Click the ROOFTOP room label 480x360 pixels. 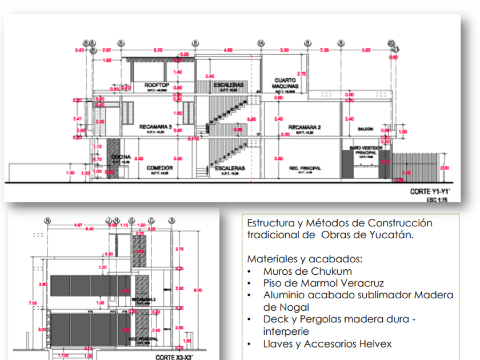(154, 84)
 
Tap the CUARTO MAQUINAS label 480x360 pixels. (284, 83)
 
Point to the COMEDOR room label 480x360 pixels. (155, 168)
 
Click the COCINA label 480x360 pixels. (121, 157)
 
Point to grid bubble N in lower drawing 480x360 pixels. (47, 220)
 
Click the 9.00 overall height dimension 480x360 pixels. (198, 290)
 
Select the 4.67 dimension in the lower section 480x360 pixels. (78, 225)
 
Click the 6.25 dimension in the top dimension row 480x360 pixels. (158, 50)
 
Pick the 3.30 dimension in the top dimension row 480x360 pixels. (283, 50)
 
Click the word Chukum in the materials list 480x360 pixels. (335, 271)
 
